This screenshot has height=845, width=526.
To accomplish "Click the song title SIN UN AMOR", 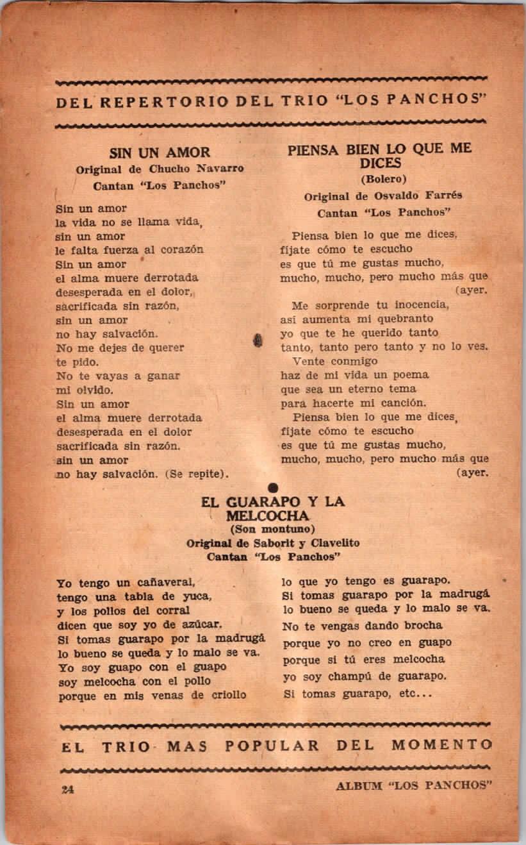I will (160, 153).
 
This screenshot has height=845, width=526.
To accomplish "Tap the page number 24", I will (67, 789).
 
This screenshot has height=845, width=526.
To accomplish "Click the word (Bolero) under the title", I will (383, 179).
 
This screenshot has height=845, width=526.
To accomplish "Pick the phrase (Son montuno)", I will (273, 529).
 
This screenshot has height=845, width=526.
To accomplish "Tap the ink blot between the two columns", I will (258, 339).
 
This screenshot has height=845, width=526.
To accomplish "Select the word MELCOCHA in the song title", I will (267, 515).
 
